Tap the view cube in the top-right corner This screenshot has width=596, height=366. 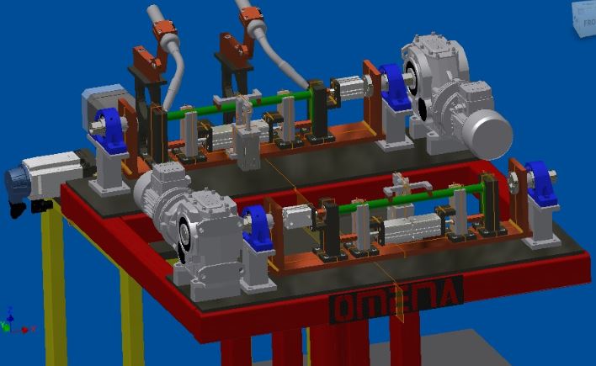pos(584,18)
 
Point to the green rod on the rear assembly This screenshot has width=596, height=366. pos(236,104)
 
